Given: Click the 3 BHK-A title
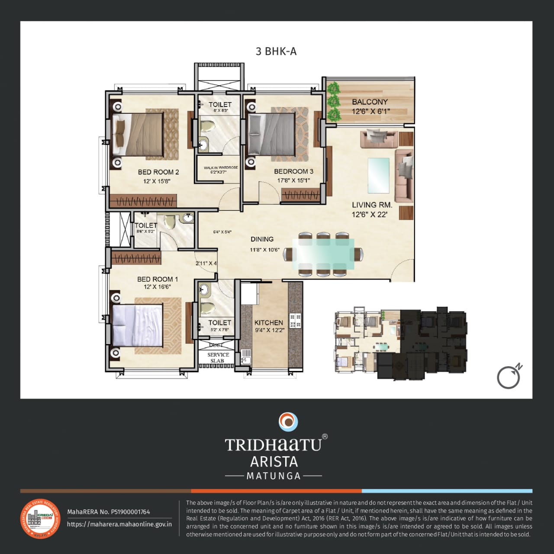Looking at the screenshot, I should (x=276, y=52).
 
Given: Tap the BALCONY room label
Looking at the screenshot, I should (x=370, y=102).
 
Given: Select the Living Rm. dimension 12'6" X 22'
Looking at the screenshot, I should (x=369, y=214).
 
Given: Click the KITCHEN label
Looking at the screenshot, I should (x=269, y=322).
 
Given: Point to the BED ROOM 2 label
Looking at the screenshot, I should (x=158, y=172).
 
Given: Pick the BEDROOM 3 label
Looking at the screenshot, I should (x=293, y=171).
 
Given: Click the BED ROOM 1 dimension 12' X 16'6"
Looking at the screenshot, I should (x=158, y=287).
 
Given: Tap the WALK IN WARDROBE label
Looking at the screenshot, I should (x=221, y=167).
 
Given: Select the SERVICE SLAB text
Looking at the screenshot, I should (x=218, y=358).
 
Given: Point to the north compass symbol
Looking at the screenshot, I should (x=509, y=377).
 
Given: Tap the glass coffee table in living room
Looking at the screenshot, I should (x=378, y=175).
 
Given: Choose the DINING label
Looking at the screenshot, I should (x=262, y=239).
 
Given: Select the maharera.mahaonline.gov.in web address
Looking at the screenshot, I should (x=119, y=524).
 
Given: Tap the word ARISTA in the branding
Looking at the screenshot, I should (x=274, y=461).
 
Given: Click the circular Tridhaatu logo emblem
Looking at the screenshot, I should (x=288, y=422).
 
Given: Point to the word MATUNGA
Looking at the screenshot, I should (x=274, y=476).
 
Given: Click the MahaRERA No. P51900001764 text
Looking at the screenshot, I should (x=109, y=512).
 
